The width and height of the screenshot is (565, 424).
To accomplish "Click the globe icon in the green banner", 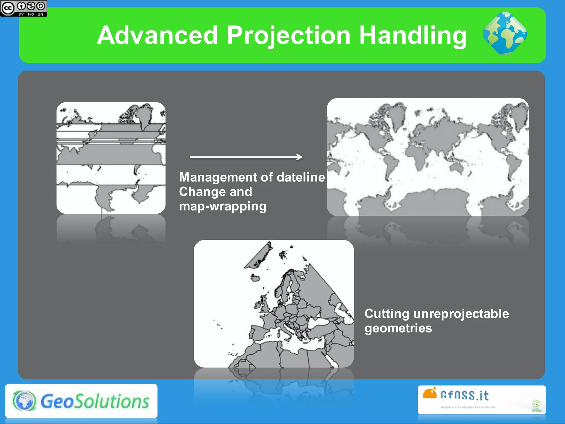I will click(505, 33).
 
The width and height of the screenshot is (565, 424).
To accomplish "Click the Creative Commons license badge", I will click(23, 8).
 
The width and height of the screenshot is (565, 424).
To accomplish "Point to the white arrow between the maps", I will click(246, 157).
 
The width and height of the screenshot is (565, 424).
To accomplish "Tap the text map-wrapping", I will click(223, 206).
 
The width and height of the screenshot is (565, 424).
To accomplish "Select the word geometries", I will click(398, 328).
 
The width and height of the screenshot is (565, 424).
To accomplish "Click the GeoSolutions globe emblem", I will click(24, 401).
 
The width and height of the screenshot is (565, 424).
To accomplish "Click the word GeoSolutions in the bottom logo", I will click(95, 401).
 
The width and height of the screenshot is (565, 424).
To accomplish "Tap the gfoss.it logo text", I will click(465, 395).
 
